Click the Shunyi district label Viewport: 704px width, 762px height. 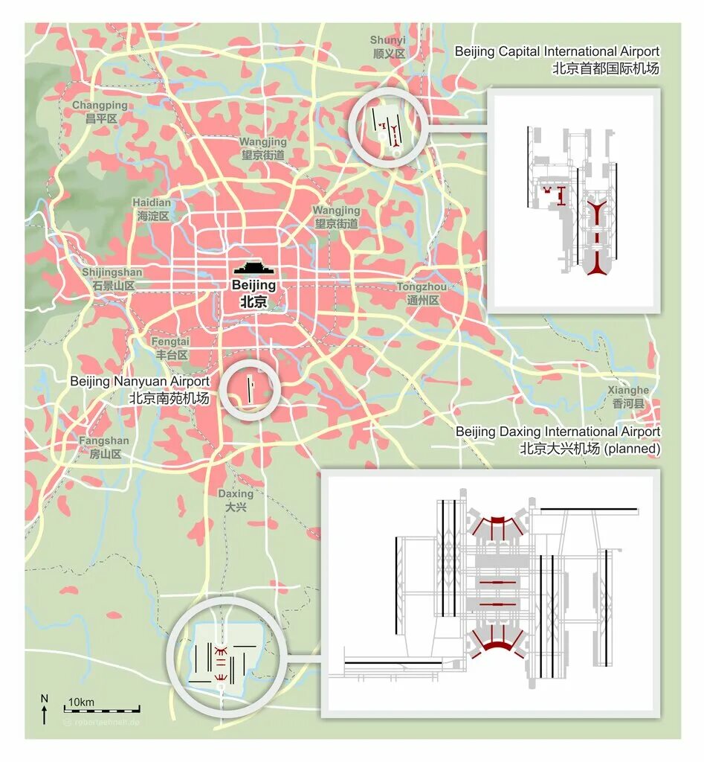(388, 47)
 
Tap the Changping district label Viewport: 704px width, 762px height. (100, 112)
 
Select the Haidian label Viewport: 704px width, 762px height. (152, 209)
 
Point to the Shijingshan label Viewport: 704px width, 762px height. (112, 279)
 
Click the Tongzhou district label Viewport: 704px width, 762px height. (422, 293)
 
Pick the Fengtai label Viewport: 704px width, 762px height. (170, 348)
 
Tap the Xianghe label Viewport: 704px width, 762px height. (628, 397)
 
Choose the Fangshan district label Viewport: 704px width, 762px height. (104, 447)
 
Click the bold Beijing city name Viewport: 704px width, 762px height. (253, 293)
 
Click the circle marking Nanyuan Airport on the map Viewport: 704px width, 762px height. (251, 389)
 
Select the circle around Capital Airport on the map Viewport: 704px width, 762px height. (387, 127)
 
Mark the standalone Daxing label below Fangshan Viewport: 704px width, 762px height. (236, 500)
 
